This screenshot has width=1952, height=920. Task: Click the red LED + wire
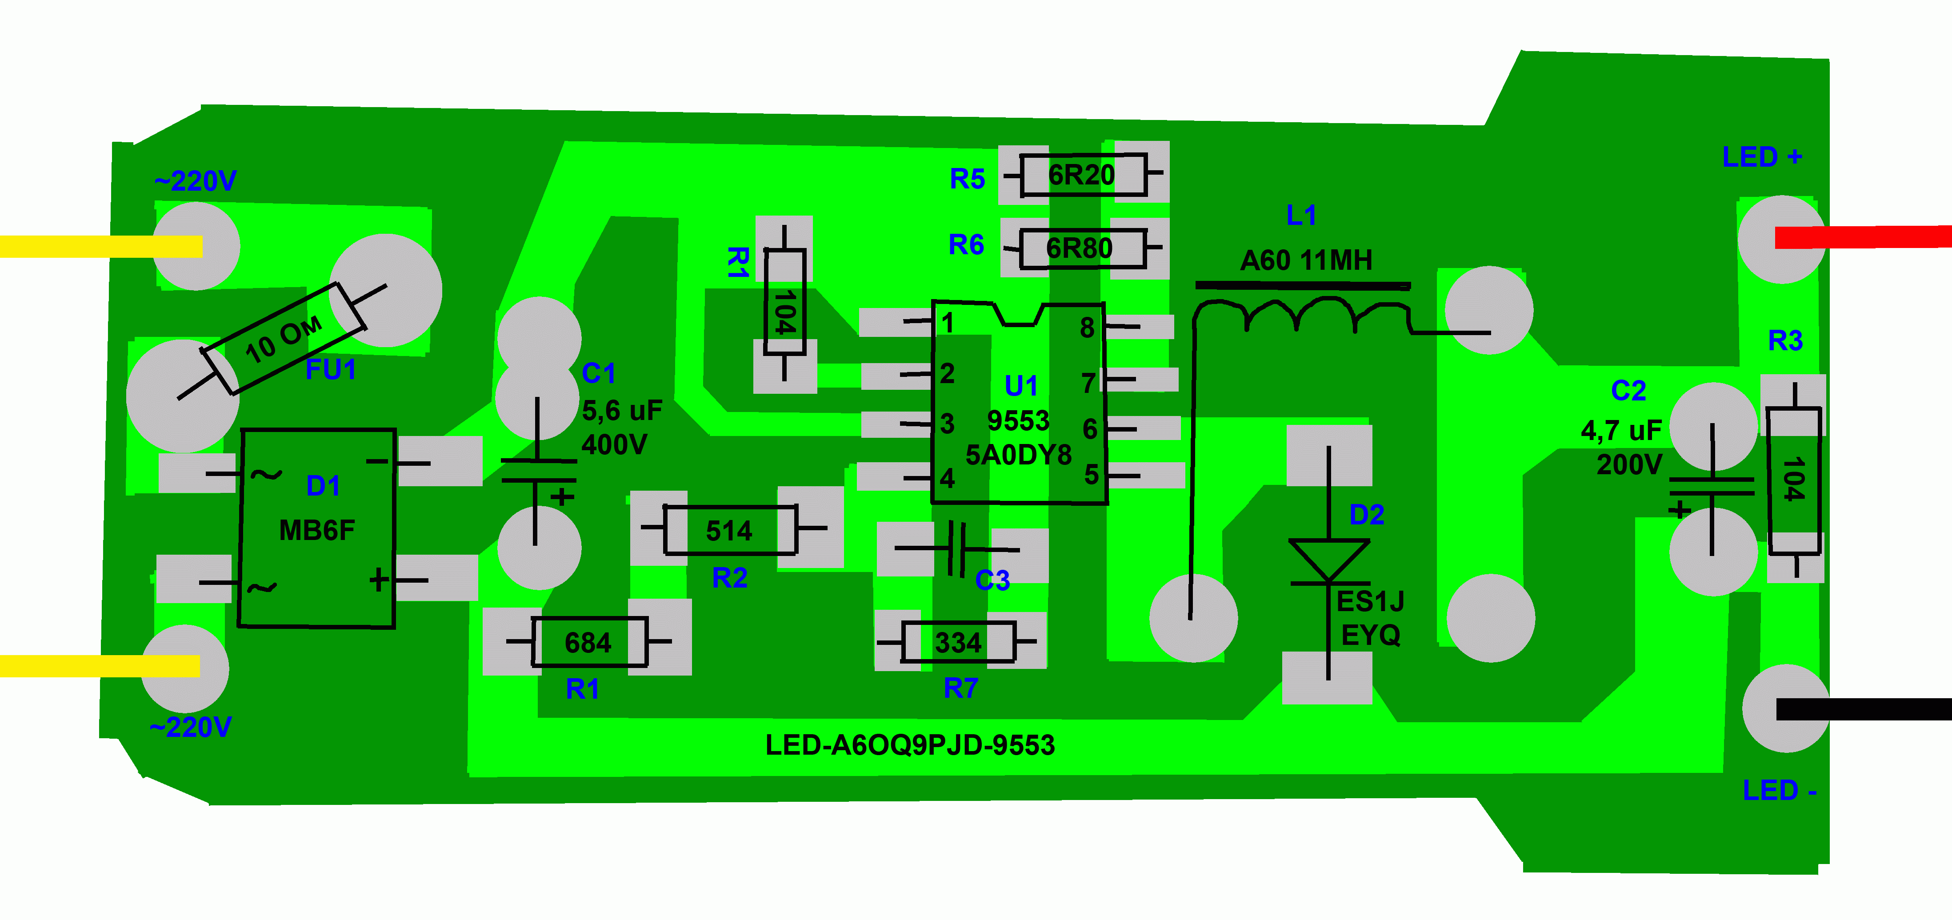point(1864,237)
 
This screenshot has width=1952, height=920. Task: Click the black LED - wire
point(1864,709)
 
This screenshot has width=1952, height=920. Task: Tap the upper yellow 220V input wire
point(99,246)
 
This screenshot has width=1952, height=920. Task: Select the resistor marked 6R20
point(1083,175)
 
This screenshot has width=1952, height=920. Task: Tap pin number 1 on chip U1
point(947,324)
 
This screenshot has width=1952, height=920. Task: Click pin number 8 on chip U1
point(1087,328)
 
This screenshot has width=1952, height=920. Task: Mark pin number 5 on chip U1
point(1091,475)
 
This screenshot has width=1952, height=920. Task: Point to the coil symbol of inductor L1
point(1300,315)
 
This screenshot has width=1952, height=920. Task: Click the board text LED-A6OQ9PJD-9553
point(909,745)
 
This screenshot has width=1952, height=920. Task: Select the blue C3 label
point(992,580)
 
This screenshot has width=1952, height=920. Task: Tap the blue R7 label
point(961,688)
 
